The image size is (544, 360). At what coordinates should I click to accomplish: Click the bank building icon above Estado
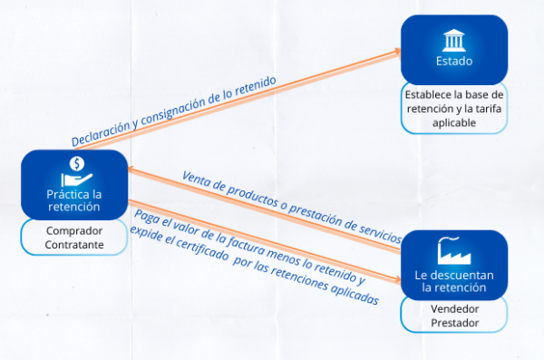(x=454, y=41)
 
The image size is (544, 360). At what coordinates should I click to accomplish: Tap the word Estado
(x=454, y=61)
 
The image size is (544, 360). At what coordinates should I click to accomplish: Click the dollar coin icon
(x=77, y=164)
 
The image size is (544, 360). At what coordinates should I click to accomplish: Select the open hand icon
(x=77, y=180)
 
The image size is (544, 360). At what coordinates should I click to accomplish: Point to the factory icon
(x=454, y=250)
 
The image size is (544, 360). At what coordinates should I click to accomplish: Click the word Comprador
(x=74, y=231)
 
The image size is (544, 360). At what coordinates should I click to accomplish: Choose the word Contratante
(x=74, y=245)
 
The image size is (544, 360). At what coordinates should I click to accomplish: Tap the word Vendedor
(x=455, y=308)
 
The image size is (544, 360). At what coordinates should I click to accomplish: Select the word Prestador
(x=455, y=323)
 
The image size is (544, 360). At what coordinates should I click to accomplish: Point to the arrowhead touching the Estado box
(x=396, y=52)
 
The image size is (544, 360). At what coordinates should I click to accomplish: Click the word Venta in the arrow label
(x=195, y=179)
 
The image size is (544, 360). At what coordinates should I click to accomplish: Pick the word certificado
(x=202, y=248)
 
